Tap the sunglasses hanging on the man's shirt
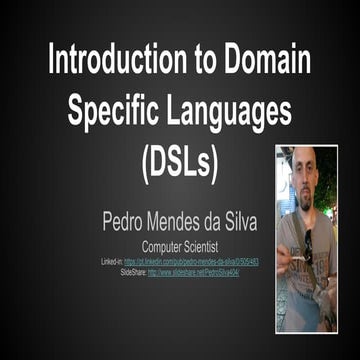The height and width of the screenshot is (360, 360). tap(308, 245)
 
